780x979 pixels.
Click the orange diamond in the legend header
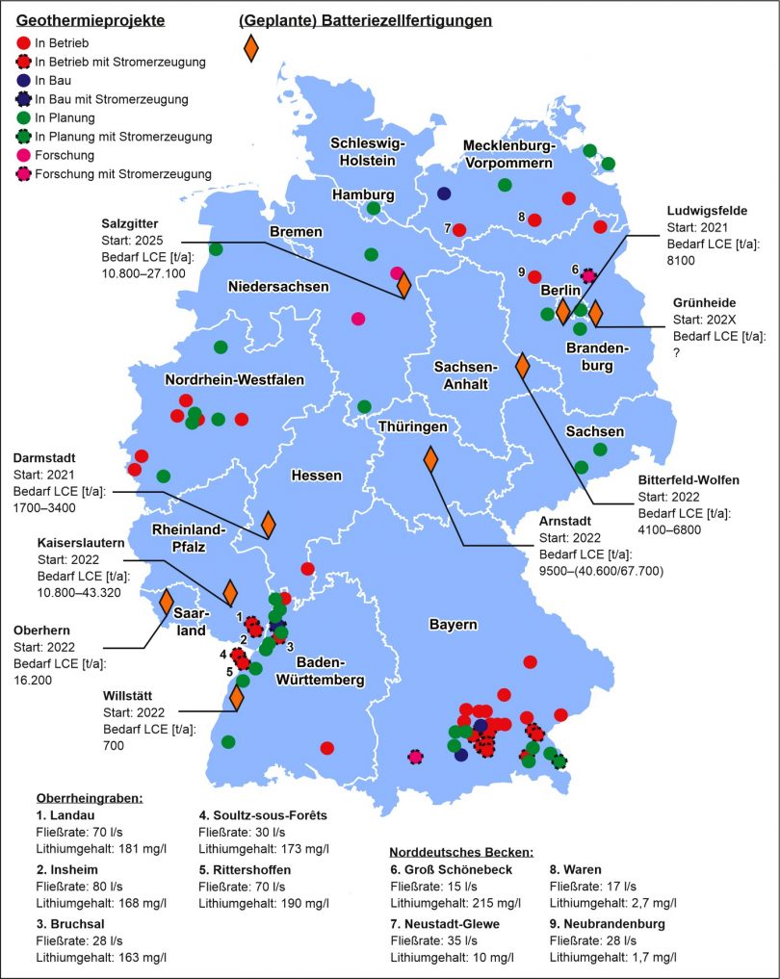pos(251,47)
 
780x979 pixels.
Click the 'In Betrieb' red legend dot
pos(23,43)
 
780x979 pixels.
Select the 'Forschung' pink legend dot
pos(23,155)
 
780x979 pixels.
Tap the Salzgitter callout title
pos(127,223)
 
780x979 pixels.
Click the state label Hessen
pos(316,476)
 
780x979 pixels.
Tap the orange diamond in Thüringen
pos(430,460)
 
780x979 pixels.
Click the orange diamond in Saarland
pos(167,603)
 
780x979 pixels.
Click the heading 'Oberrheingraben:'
pos(89,798)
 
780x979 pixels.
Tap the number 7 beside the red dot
pos(448,228)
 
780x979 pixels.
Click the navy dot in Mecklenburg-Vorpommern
pos(444,193)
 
